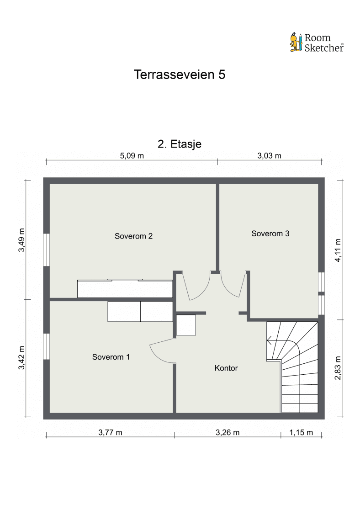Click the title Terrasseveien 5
[x=180, y=75]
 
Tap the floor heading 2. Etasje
[x=180, y=143]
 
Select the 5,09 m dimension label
[x=132, y=155]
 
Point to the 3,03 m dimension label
[x=269, y=155]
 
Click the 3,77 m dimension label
[x=110, y=432]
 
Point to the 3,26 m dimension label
[x=227, y=432]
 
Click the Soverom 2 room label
[x=133, y=236]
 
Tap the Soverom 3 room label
[x=270, y=234]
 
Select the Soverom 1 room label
[x=111, y=357]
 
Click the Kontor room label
[x=226, y=368]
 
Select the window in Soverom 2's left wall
[x=46, y=250]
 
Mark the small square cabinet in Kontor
[x=186, y=325]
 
